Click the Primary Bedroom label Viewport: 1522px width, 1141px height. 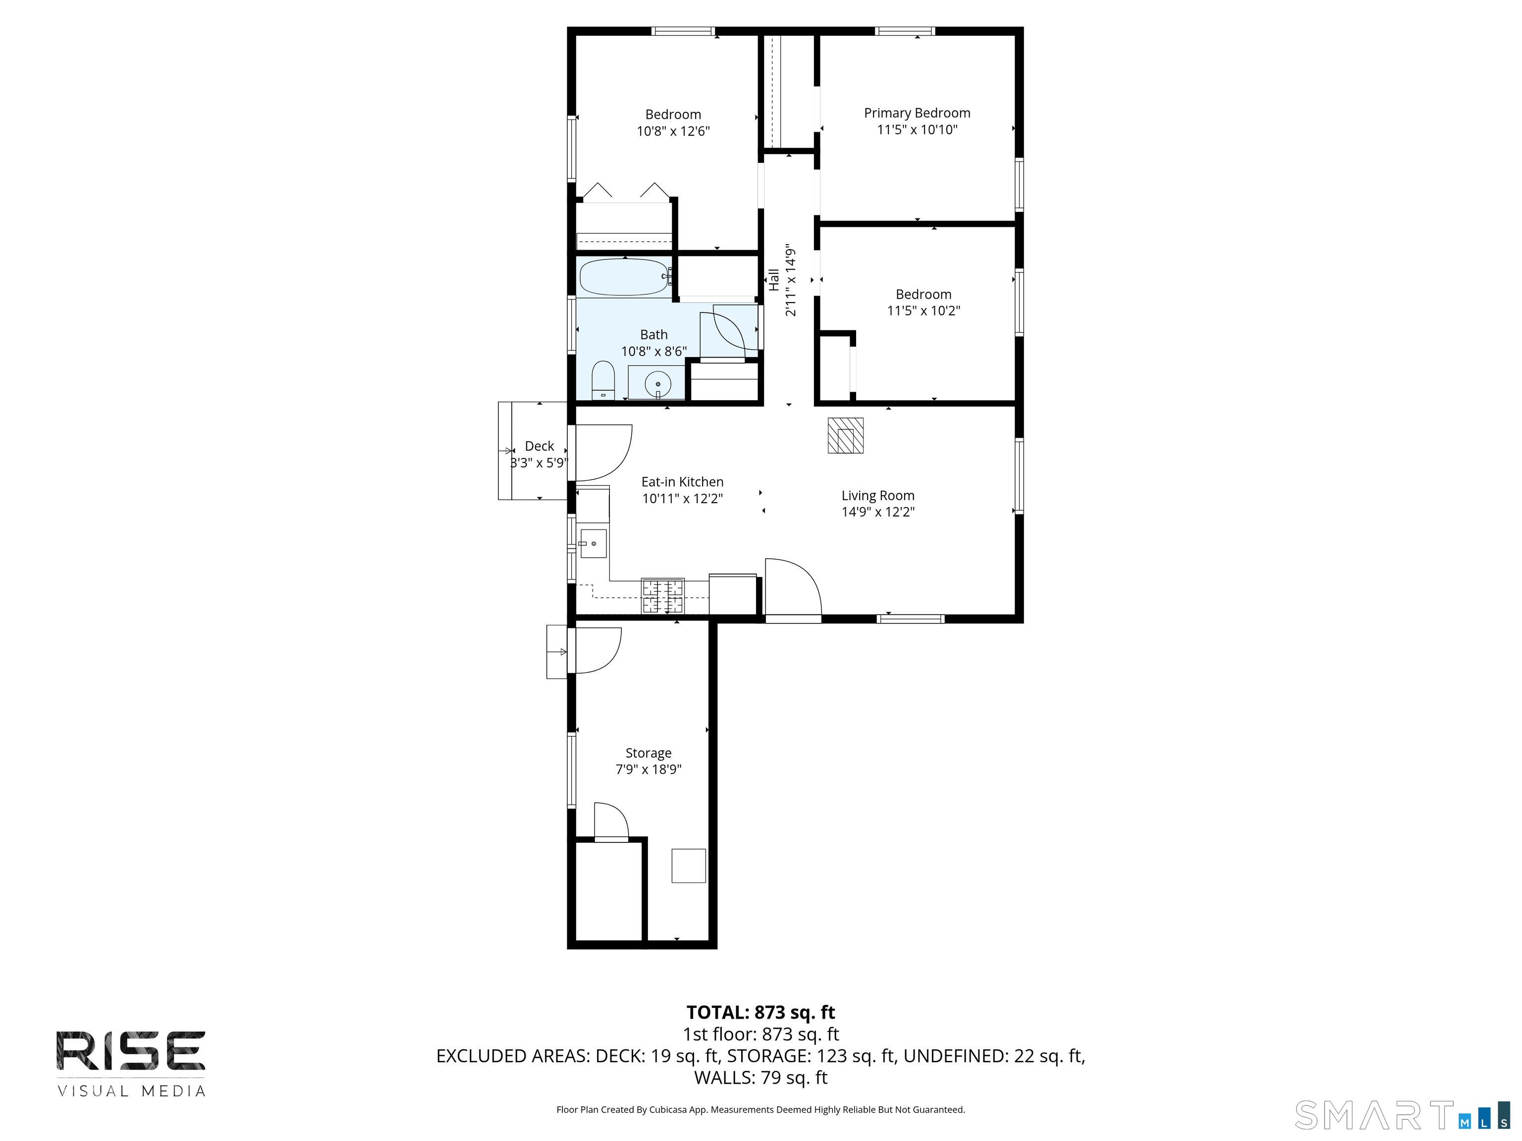917,113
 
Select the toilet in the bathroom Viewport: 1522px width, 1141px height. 603,380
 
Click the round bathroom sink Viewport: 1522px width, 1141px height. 658,384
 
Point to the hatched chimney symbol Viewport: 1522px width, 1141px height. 845,435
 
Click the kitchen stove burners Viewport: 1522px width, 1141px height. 662,596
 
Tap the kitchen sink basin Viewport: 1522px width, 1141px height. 593,543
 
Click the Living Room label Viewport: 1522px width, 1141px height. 877,495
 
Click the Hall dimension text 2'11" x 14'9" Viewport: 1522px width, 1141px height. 791,280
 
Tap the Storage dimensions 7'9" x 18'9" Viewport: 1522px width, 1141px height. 648,769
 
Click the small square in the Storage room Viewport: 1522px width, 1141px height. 688,866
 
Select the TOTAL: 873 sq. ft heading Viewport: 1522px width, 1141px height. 761,1012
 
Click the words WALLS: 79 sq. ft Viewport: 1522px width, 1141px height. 761,1078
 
